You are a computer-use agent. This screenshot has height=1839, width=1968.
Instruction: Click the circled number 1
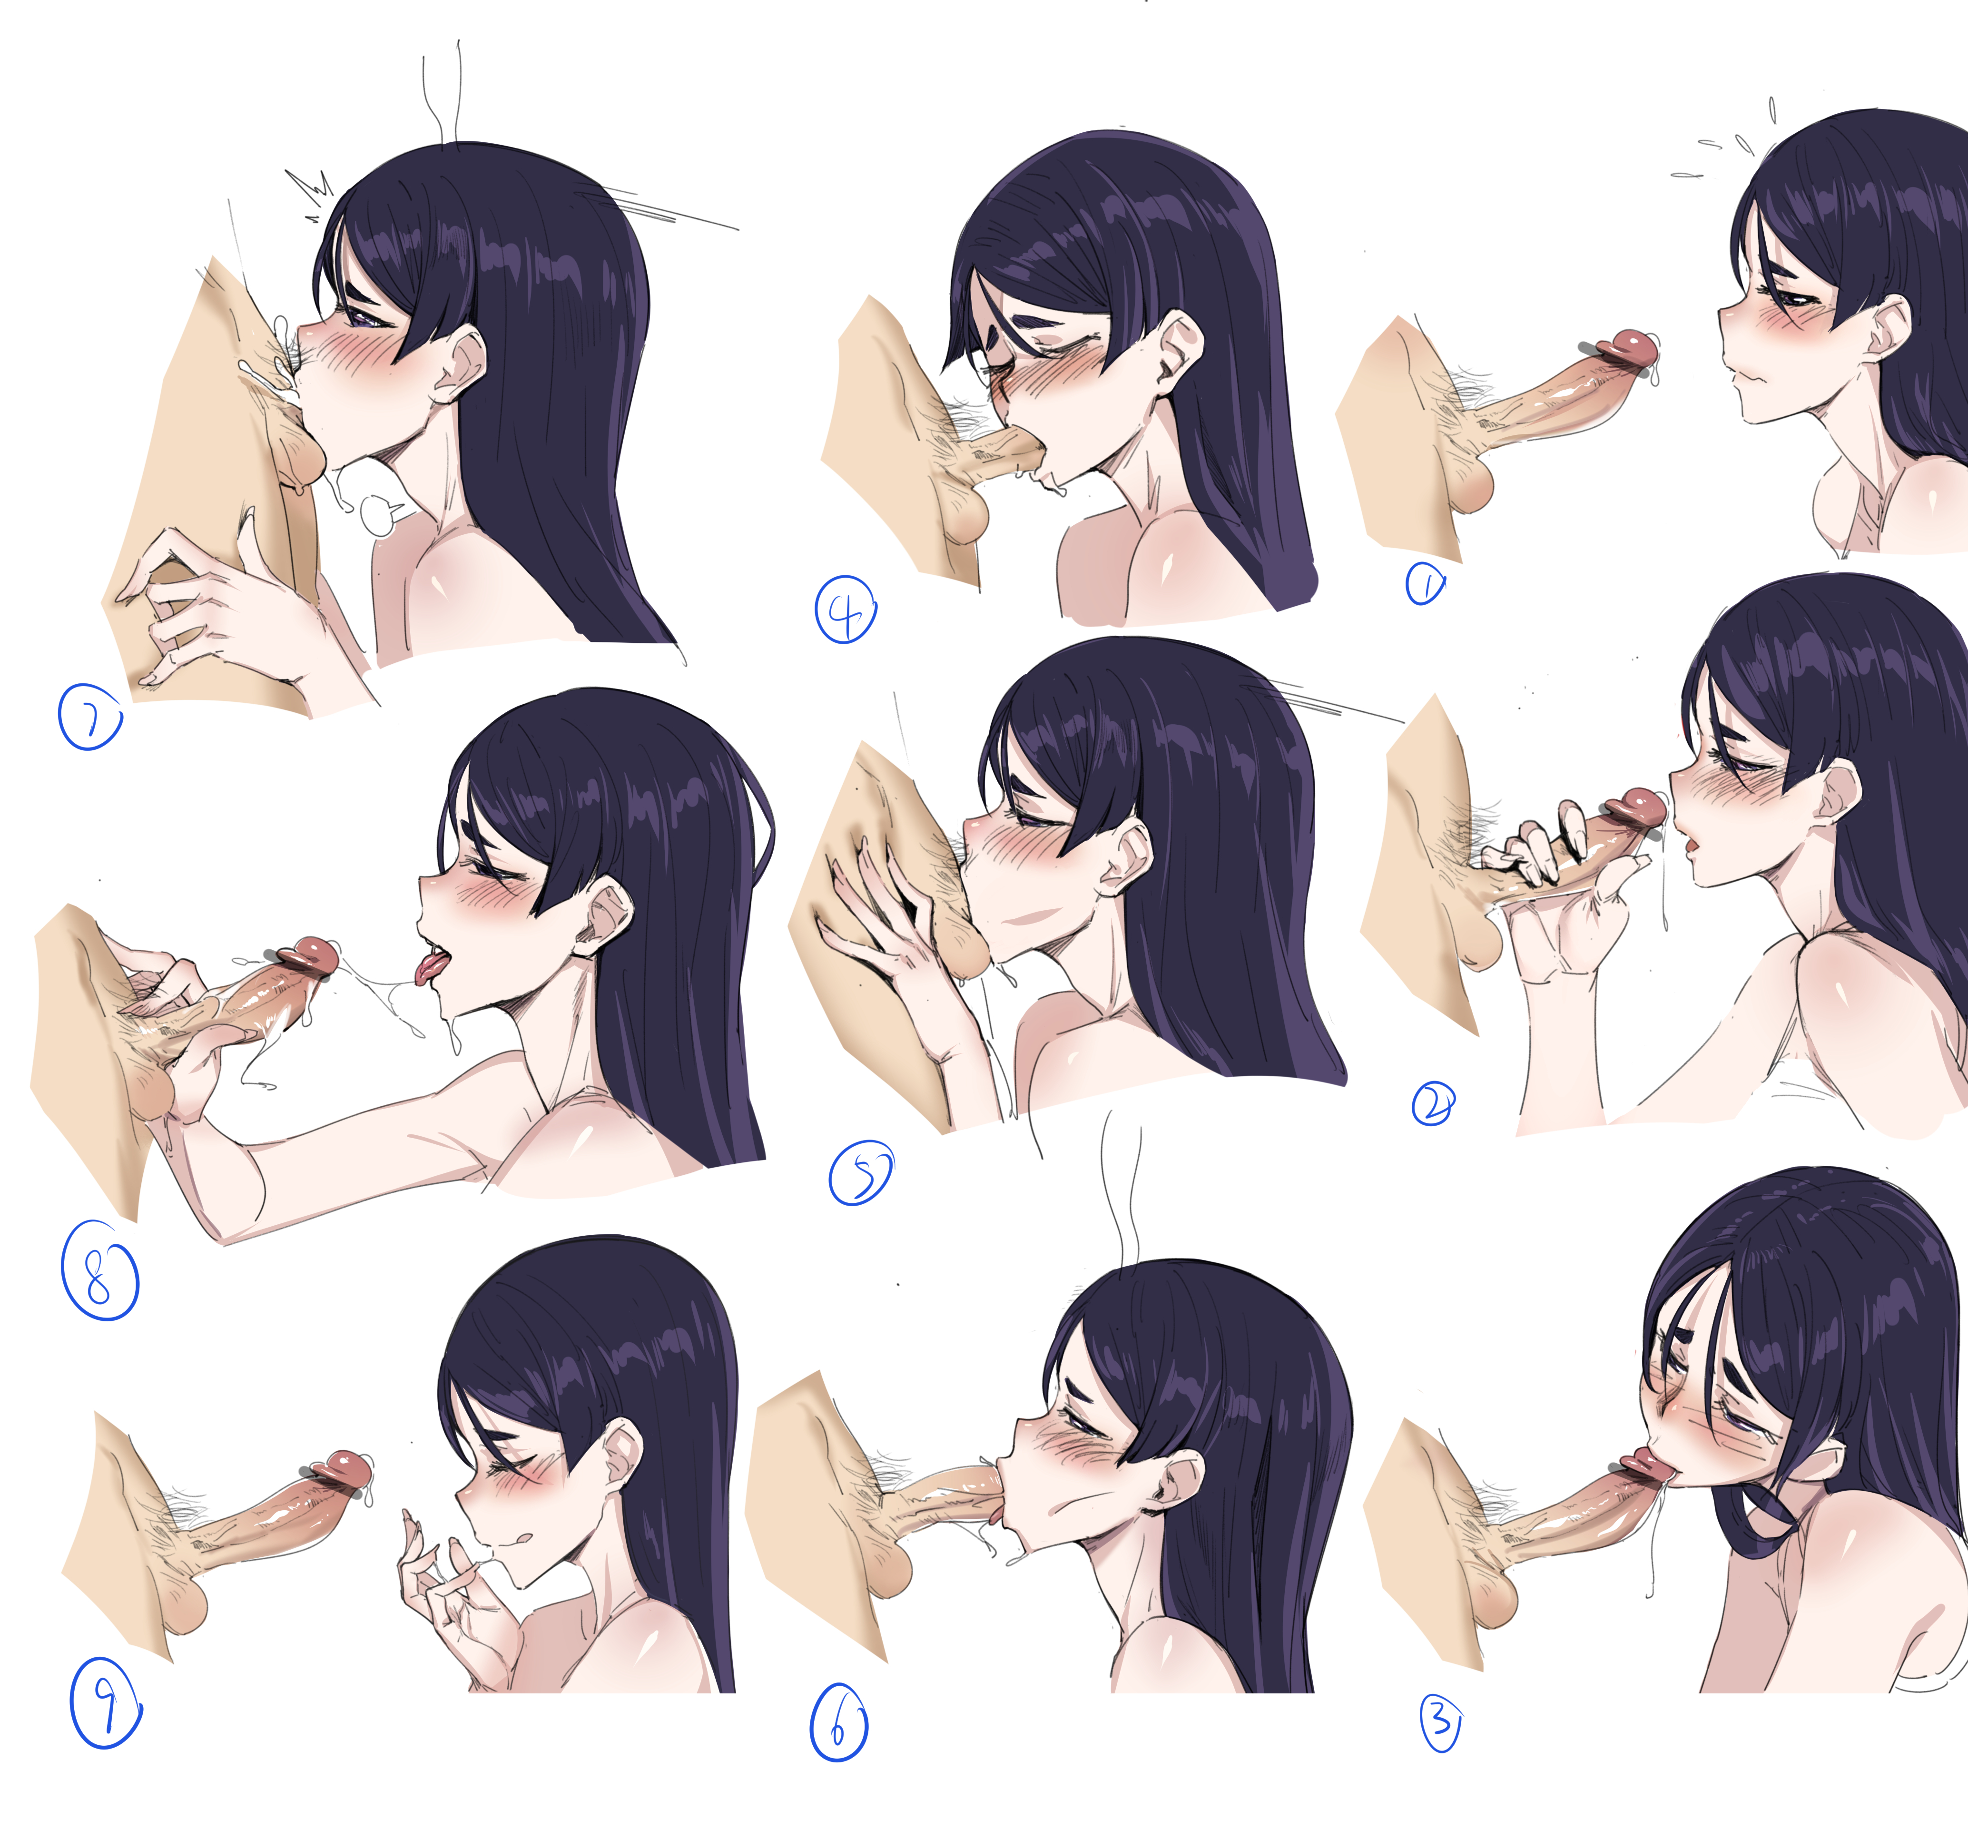click(x=1426, y=584)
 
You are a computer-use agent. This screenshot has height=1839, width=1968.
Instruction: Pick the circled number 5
click(x=860, y=1174)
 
